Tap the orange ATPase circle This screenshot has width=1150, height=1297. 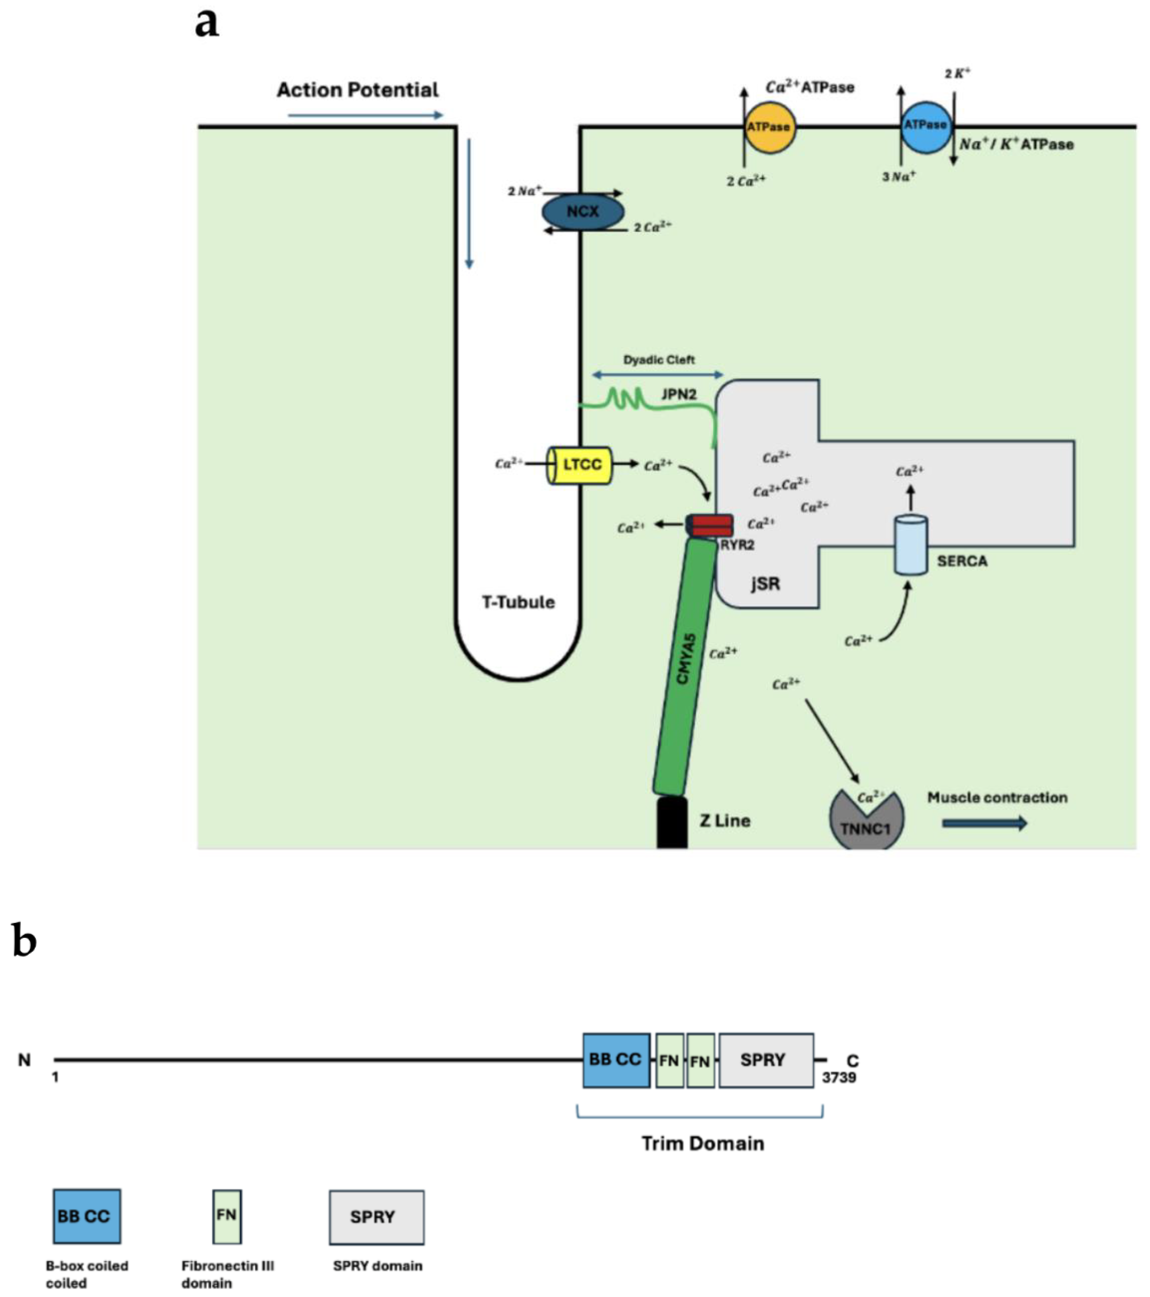click(769, 127)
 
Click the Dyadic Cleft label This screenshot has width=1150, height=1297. click(658, 360)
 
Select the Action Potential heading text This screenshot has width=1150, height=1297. click(357, 90)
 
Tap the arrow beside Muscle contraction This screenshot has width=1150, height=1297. click(984, 824)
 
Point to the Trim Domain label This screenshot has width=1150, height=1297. click(702, 1144)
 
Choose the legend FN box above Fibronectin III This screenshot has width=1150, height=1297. click(226, 1216)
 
